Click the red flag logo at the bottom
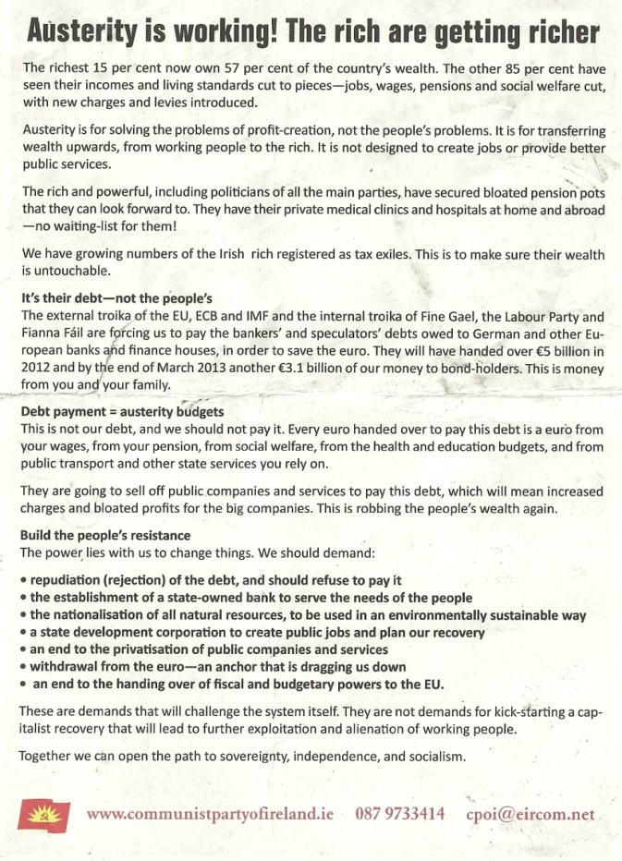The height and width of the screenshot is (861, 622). [43, 813]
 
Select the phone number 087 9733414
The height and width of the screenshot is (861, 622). [400, 814]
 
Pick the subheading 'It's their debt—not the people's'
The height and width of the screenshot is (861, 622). [116, 299]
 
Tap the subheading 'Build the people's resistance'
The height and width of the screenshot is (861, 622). [105, 536]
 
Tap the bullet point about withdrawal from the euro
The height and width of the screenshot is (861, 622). [217, 666]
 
